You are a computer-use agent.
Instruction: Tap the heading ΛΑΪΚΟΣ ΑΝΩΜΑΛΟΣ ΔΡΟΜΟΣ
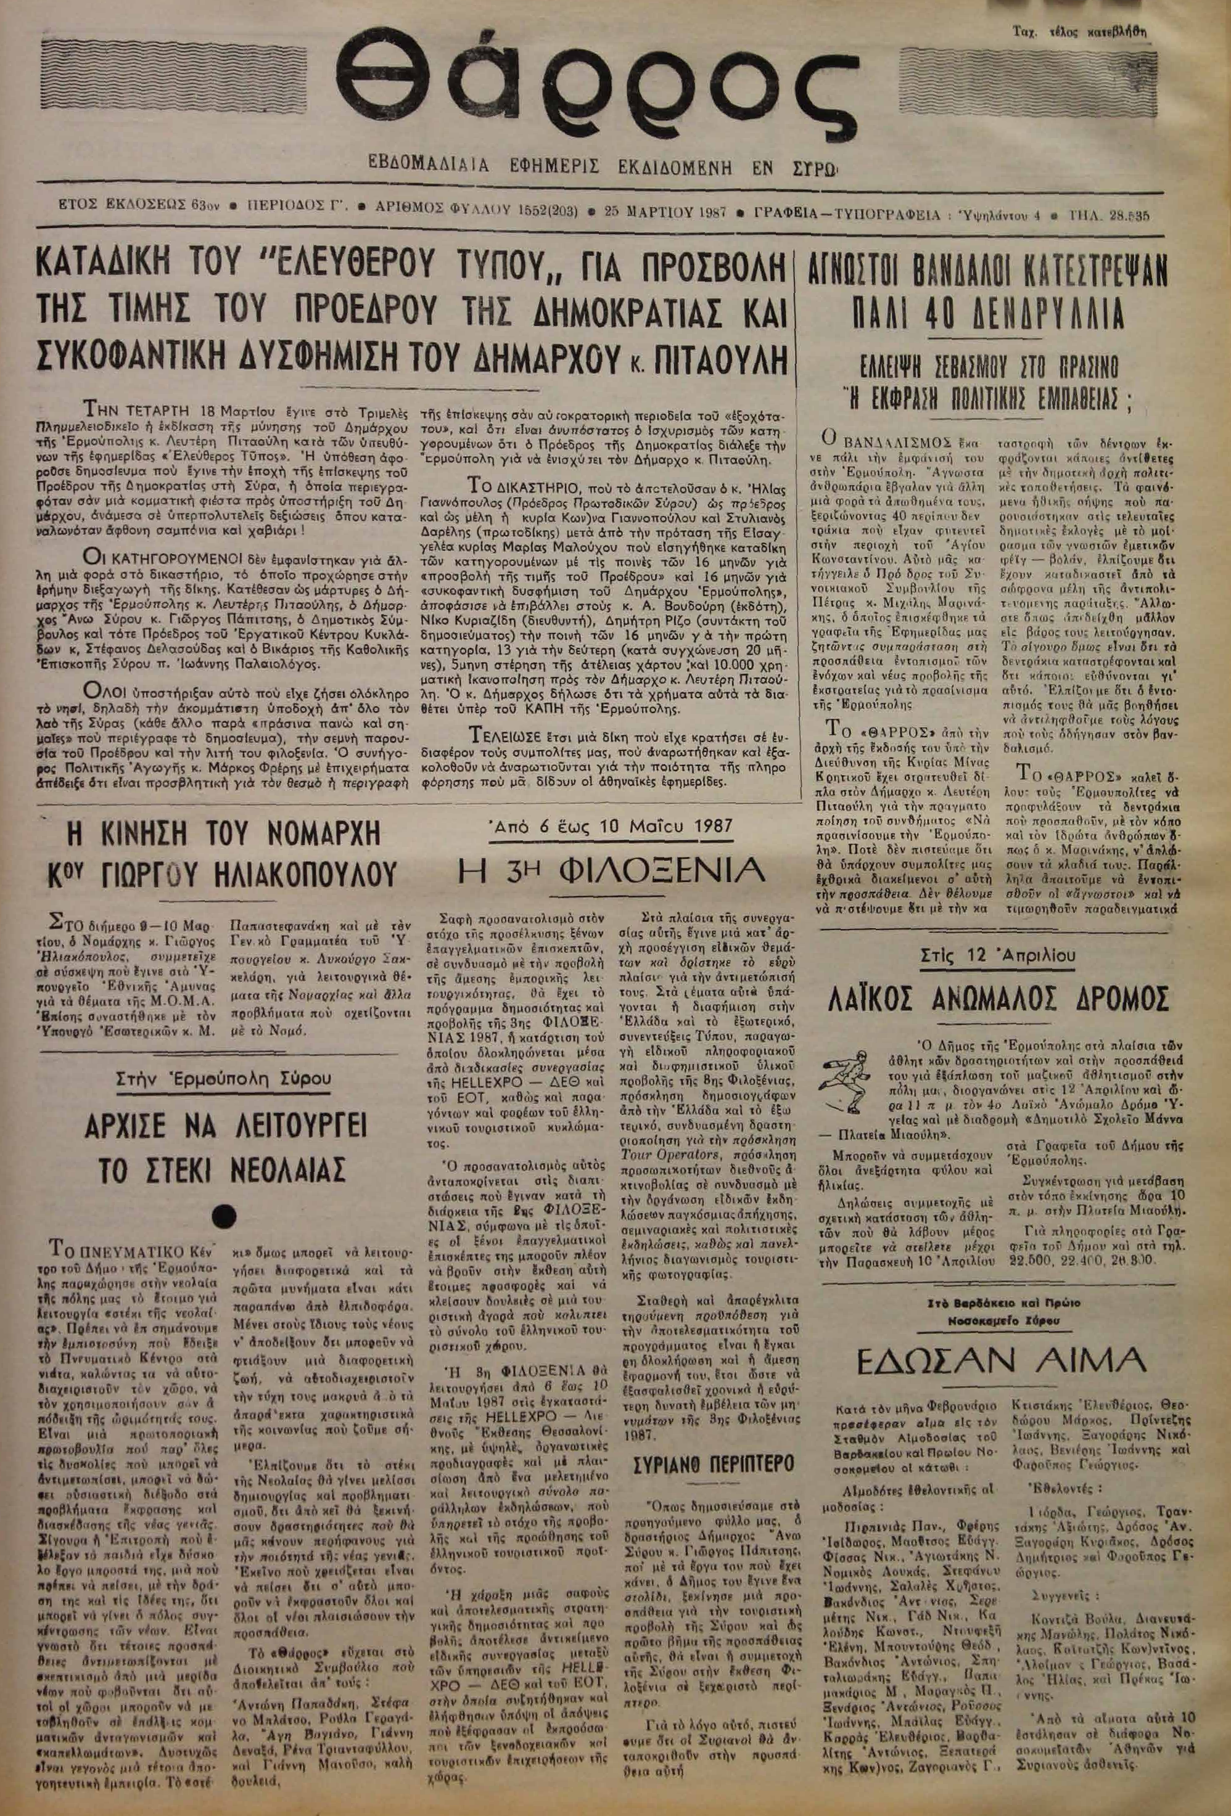997,998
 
